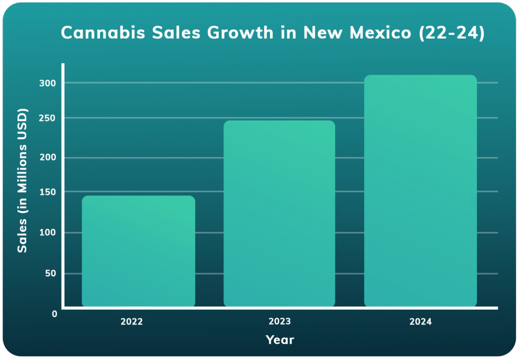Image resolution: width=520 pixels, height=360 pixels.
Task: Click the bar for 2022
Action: (x=138, y=251)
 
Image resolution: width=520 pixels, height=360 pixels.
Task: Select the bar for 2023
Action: (x=279, y=214)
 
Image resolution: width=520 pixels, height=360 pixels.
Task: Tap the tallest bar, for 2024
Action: (x=420, y=191)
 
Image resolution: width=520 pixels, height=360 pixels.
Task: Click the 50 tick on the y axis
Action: (x=50, y=274)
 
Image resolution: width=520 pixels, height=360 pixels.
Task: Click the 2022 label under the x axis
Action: (x=132, y=321)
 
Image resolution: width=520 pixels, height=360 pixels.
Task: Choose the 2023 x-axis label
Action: (x=280, y=321)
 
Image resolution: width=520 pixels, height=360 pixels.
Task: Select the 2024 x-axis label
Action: (x=420, y=321)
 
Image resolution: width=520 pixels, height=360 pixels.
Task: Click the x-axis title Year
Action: (x=280, y=340)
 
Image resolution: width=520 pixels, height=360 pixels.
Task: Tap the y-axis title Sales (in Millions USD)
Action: (x=22, y=181)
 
